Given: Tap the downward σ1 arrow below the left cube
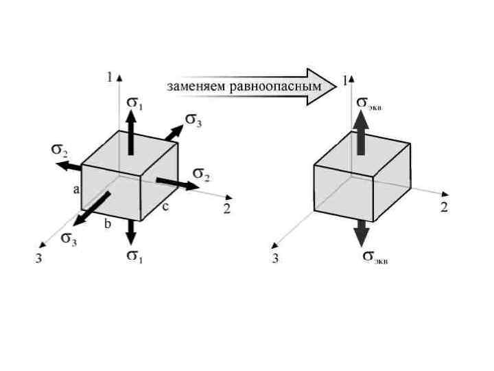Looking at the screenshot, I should click(130, 232).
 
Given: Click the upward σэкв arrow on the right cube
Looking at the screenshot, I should click(362, 135).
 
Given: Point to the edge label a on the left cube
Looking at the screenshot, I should click(76, 189).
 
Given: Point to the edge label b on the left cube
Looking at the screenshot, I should click(107, 224).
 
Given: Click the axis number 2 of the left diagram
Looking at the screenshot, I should click(226, 209).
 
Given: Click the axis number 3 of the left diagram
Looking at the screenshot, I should click(39, 260).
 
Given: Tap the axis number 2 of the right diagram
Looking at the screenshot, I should click(444, 207).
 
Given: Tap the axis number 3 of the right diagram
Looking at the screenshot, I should click(275, 259).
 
